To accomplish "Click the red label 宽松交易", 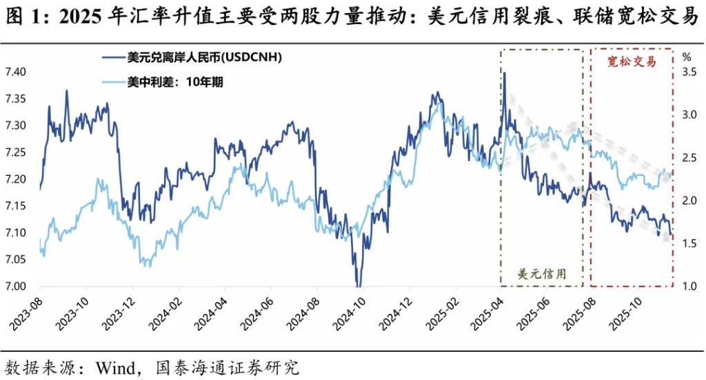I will click(x=631, y=62).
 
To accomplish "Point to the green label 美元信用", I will click(x=542, y=273).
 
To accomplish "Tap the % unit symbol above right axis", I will click(x=686, y=57).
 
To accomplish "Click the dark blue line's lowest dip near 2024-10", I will click(x=358, y=285).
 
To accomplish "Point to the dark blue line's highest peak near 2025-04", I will click(x=505, y=73).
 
